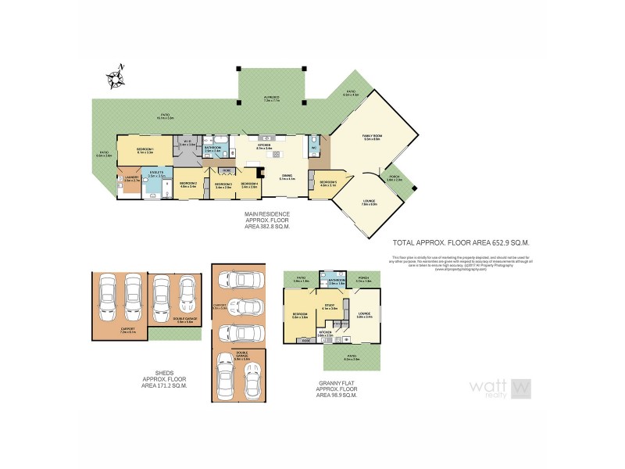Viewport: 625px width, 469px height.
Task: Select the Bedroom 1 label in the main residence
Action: [145, 151]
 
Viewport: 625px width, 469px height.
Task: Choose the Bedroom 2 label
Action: [188, 185]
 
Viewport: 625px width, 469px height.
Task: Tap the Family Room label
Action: [370, 138]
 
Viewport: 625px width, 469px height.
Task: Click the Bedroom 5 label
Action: [327, 184]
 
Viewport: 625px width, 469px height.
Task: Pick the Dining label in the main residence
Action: [287, 177]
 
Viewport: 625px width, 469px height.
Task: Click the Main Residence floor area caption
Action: [268, 220]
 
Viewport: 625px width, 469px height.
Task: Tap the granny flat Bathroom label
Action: [337, 279]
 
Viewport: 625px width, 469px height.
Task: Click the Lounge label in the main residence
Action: [369, 202]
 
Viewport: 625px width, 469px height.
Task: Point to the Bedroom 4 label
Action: [249, 185]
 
